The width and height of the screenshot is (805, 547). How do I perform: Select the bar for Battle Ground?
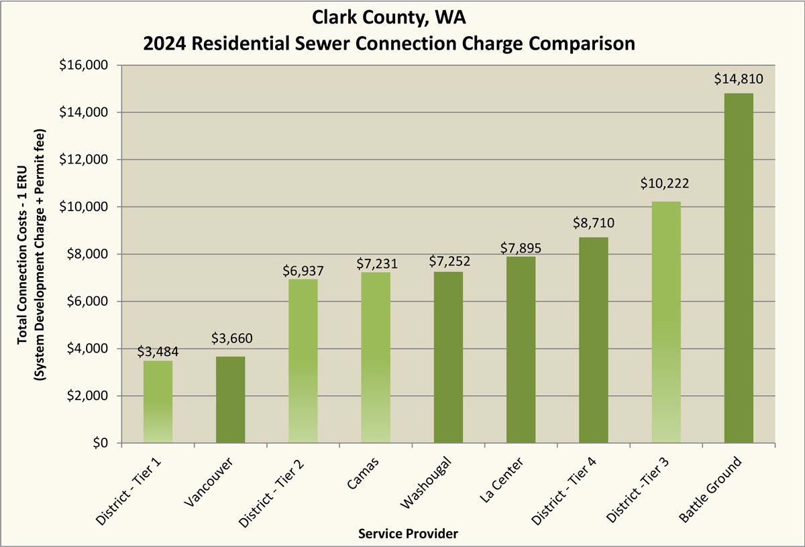click(x=739, y=268)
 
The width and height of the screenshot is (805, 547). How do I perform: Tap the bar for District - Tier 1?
click(x=158, y=402)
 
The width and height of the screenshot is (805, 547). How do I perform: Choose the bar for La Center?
click(x=521, y=349)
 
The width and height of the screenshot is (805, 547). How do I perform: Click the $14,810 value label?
click(x=739, y=80)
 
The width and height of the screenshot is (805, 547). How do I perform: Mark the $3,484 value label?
click(x=158, y=351)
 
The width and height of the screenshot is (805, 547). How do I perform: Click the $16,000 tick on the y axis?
click(x=86, y=65)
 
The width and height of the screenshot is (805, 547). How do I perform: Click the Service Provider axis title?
click(x=408, y=534)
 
